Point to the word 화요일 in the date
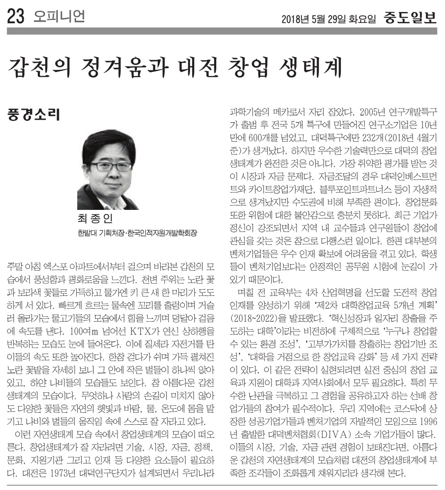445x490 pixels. click(x=364, y=19)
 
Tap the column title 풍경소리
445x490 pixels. click(x=34, y=114)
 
